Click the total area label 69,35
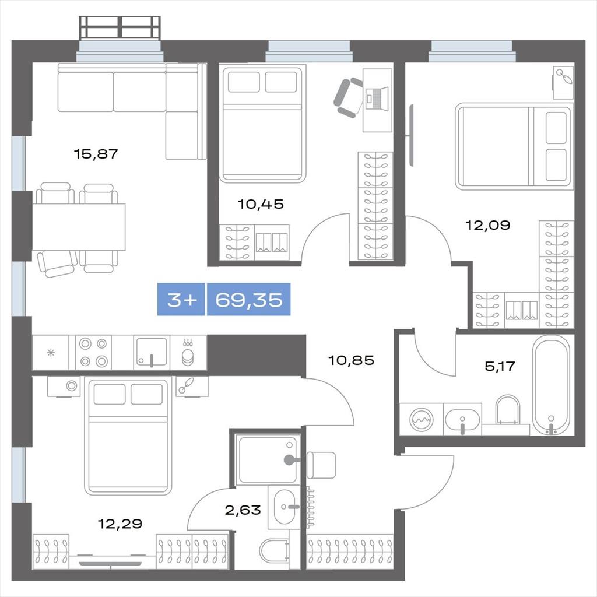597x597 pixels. [x=248, y=300]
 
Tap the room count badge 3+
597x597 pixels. [x=182, y=300]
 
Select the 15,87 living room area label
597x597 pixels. [x=96, y=154]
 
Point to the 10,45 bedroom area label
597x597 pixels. [x=261, y=204]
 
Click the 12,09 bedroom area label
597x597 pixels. [x=488, y=225]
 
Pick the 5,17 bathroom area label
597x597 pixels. [x=500, y=366]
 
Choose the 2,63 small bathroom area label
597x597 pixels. [x=243, y=510]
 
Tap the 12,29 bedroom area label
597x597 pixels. [x=120, y=524]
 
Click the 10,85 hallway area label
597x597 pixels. [x=351, y=360]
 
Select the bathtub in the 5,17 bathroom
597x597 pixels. [x=552, y=385]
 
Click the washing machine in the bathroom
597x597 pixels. [x=421, y=419]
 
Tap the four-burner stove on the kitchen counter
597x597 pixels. [x=93, y=352]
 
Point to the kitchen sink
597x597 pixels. [x=152, y=352]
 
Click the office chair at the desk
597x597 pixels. [x=349, y=97]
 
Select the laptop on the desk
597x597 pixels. [x=377, y=99]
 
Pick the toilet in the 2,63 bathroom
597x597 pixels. [x=274, y=550]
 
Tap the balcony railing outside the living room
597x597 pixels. [x=120, y=27]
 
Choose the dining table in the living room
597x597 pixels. [x=79, y=227]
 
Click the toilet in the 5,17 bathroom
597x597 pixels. [x=508, y=410]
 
